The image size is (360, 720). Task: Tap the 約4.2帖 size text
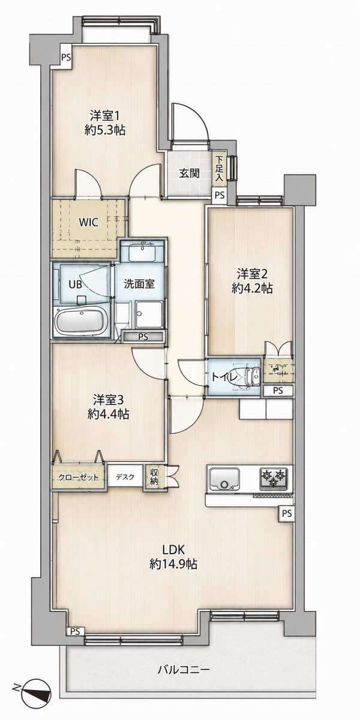253,289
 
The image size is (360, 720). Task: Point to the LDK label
173,550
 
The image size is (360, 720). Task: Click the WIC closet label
89,223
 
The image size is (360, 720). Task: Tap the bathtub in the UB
82,322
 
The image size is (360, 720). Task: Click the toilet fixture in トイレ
251,377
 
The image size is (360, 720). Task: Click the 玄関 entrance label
190,173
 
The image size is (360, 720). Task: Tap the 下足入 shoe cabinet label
219,169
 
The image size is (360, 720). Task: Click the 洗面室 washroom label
139,284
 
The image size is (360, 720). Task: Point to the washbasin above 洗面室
142,251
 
